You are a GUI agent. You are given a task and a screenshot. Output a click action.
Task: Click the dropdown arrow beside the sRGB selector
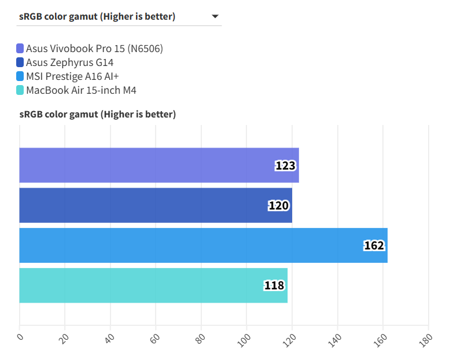pyautogui.click(x=215, y=16)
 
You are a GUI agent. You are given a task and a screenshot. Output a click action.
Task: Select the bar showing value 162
pyautogui.click(x=202, y=245)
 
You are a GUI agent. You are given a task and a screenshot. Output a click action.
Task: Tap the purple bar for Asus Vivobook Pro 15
pyautogui.click(x=159, y=166)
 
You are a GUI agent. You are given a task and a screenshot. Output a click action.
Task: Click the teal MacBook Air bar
pyautogui.click(x=153, y=285)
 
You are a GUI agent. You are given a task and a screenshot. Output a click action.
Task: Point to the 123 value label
pyautogui.click(x=285, y=166)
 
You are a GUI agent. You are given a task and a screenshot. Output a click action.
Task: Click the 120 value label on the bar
pyautogui.click(x=278, y=205)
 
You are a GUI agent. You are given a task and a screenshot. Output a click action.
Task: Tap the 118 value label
pyautogui.click(x=274, y=285)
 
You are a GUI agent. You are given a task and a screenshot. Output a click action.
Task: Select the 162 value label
pyautogui.click(x=374, y=245)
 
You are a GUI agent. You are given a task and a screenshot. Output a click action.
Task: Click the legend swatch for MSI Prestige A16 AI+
pyautogui.click(x=20, y=76)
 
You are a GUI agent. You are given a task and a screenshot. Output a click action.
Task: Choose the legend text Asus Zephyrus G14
pyautogui.click(x=69, y=63)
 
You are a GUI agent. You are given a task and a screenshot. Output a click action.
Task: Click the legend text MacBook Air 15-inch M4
pyautogui.click(x=81, y=90)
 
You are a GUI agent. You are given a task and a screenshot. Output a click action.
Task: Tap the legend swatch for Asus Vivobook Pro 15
pyautogui.click(x=20, y=49)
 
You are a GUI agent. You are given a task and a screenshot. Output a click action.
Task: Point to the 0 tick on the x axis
pyautogui.click(x=20, y=337)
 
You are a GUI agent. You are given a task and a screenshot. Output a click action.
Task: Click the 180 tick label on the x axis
pyautogui.click(x=426, y=338)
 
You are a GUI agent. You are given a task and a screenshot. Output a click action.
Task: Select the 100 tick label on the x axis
pyautogui.click(x=245, y=338)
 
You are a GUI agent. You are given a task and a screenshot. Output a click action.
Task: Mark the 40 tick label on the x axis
pyautogui.click(x=109, y=338)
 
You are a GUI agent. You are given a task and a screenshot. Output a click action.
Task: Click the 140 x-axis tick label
pyautogui.click(x=336, y=338)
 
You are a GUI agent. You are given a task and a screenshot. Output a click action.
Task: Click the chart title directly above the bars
pyautogui.click(x=97, y=114)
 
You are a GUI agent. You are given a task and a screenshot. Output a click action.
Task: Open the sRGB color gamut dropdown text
pyautogui.click(x=97, y=16)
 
